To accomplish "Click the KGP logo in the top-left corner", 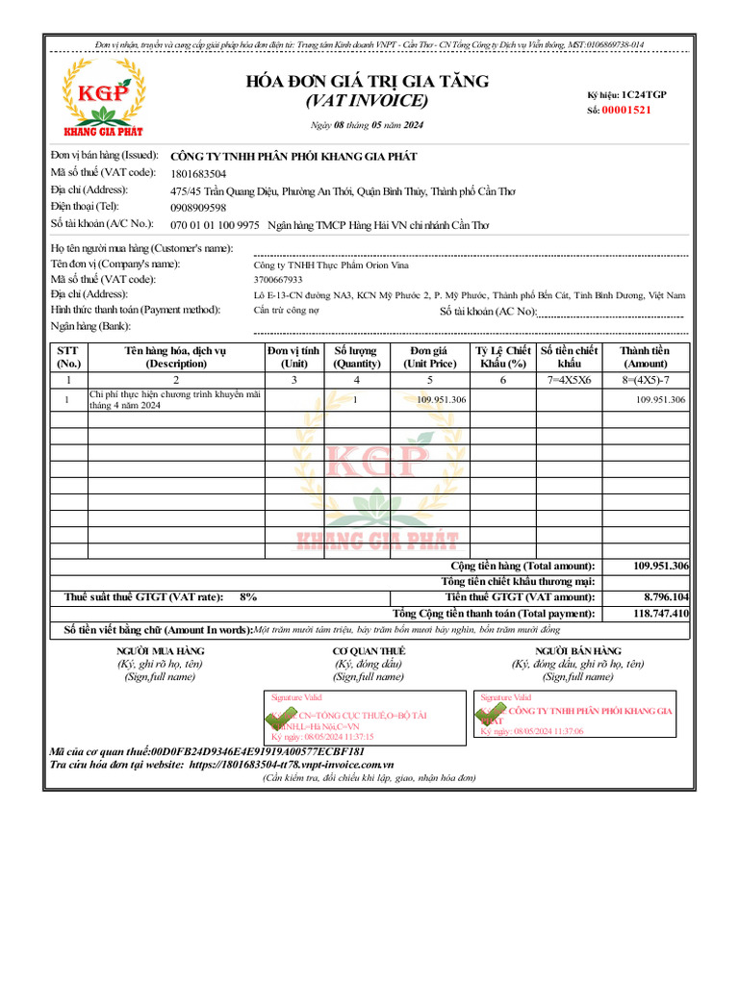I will point(99,93).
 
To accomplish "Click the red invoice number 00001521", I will point(626,110).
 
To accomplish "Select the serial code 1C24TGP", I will point(644,94).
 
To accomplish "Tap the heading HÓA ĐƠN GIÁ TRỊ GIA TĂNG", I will point(368,81).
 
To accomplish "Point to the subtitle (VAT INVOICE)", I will point(367,101).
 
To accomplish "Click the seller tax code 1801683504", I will point(198,173).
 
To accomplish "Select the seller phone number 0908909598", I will point(198,207).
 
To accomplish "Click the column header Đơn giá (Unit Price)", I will point(429,357).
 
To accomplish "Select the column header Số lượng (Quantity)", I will point(356,357).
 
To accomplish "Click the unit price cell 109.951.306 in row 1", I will point(442,399).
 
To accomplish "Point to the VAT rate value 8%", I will point(248,596).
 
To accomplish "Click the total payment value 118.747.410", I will point(661,613).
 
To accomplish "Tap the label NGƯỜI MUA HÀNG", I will point(161,651).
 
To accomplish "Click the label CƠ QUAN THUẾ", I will point(369,651).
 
